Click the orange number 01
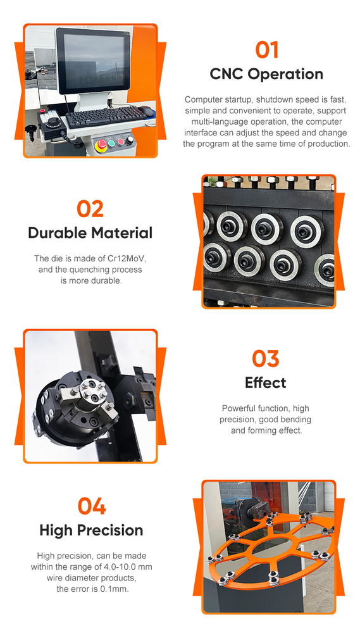[x=267, y=51]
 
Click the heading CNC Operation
[x=266, y=74]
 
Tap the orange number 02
[x=90, y=209]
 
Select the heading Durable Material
[x=90, y=233]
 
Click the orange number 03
[x=266, y=358]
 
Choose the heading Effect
[x=266, y=382]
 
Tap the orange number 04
[x=92, y=506]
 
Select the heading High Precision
[x=91, y=530]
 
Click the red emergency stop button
[x=102, y=144]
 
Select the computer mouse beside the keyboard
[x=146, y=111]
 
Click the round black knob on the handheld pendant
[x=53, y=122]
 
